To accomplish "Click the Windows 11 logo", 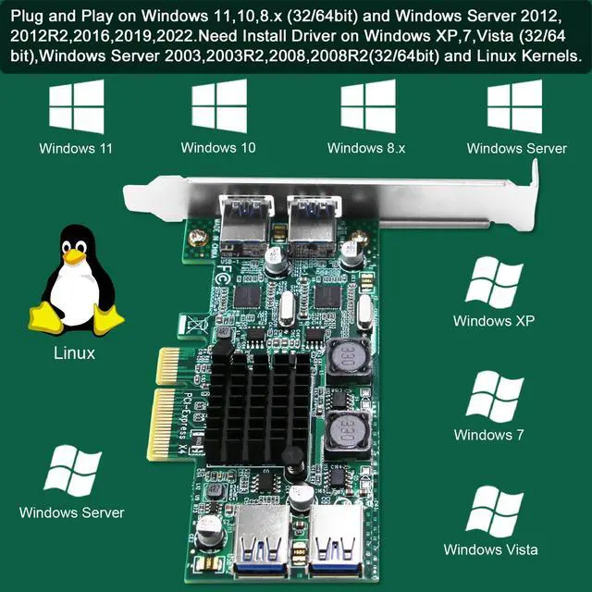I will [76, 107].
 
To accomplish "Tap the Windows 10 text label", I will [218, 148].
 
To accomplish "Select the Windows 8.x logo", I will [368, 107].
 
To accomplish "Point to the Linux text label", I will [74, 353].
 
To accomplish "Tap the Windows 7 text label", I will [489, 435].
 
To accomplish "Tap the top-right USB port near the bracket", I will [308, 220].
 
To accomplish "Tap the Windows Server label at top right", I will [516, 148].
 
